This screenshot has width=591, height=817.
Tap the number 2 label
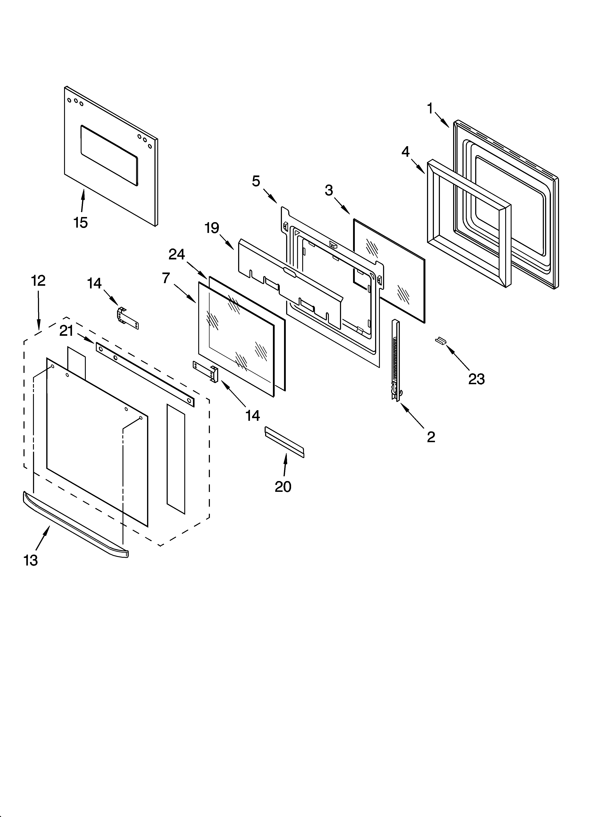click(x=431, y=437)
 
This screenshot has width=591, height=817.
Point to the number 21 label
click(x=67, y=331)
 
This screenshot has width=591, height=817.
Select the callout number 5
click(x=256, y=181)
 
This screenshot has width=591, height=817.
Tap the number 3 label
click(x=329, y=190)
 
